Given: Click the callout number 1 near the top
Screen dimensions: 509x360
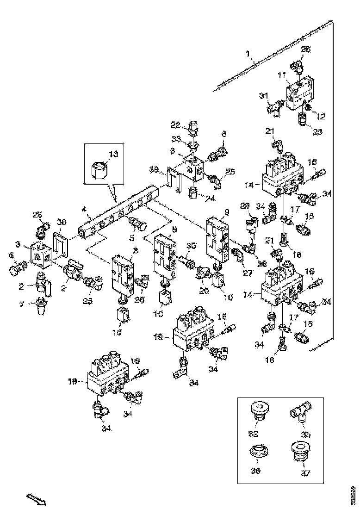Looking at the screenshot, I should point(248,54).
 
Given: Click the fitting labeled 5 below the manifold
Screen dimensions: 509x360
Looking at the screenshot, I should point(138,225).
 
